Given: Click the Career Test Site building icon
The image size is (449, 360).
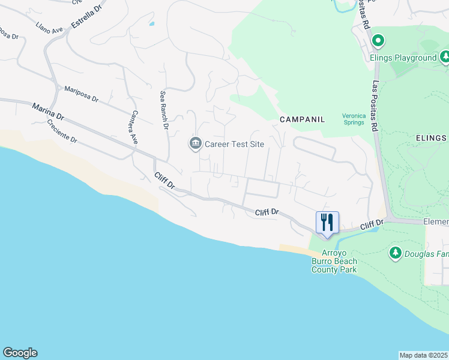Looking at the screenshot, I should pyautogui.click(x=195, y=144).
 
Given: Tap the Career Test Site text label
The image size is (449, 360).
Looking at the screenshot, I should pyautogui.click(x=235, y=144).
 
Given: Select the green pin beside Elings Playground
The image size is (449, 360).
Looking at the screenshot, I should pyautogui.click(x=378, y=41).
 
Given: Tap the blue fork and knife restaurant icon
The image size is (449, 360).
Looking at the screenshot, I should pyautogui.click(x=327, y=222).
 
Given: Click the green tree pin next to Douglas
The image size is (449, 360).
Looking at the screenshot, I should pyautogui.click(x=395, y=253).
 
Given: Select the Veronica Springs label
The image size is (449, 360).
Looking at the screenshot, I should pyautogui.click(x=353, y=119).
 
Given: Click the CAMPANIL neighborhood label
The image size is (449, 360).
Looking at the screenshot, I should pyautogui.click(x=302, y=119).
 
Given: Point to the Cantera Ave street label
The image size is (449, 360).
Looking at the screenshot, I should pyautogui.click(x=135, y=127).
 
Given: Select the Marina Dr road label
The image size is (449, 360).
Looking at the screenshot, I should pyautogui.click(x=48, y=110).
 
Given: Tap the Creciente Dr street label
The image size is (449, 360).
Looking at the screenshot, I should pyautogui.click(x=62, y=131).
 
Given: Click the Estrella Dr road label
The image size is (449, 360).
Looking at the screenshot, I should pyautogui.click(x=88, y=16).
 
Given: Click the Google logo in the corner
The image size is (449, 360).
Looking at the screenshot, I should pyautogui.click(x=20, y=353).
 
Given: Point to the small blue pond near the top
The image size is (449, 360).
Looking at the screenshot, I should pyautogui.click(x=151, y=24).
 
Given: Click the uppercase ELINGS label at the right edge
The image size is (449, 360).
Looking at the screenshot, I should pyautogui.click(x=432, y=138).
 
